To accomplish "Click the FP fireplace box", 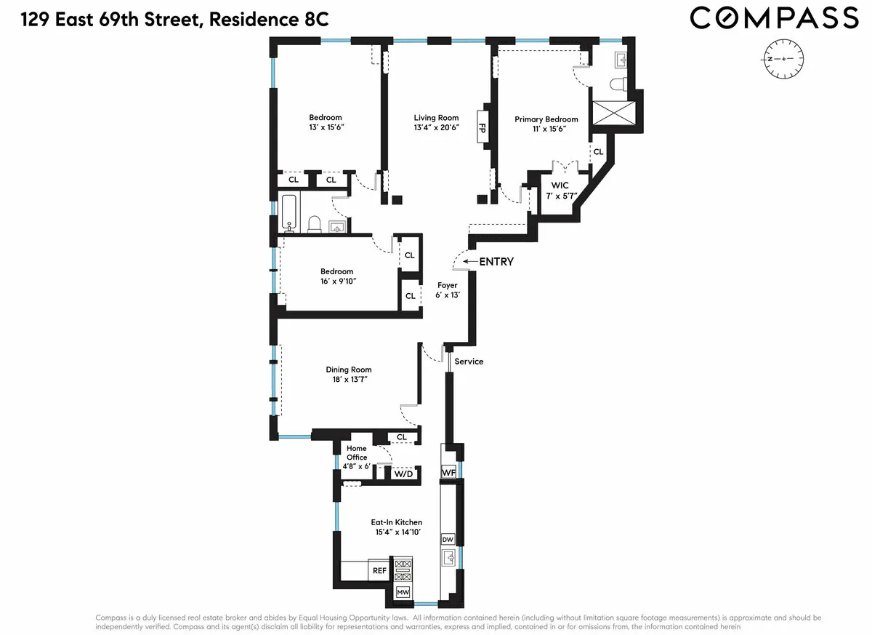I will click(481, 128).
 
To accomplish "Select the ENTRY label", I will click(497, 262).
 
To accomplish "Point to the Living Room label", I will click(436, 118).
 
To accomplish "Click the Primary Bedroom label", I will click(546, 119).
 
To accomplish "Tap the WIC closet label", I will click(560, 185).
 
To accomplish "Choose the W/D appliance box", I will click(403, 474).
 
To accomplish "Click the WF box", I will click(448, 473).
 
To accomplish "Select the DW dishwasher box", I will click(448, 539).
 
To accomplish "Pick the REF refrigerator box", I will click(379, 571).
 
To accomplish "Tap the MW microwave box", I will click(403, 593).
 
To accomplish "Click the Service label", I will click(469, 362).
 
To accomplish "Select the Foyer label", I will click(447, 285).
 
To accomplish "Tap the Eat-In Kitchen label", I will click(397, 522).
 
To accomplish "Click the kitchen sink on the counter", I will click(449, 559).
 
